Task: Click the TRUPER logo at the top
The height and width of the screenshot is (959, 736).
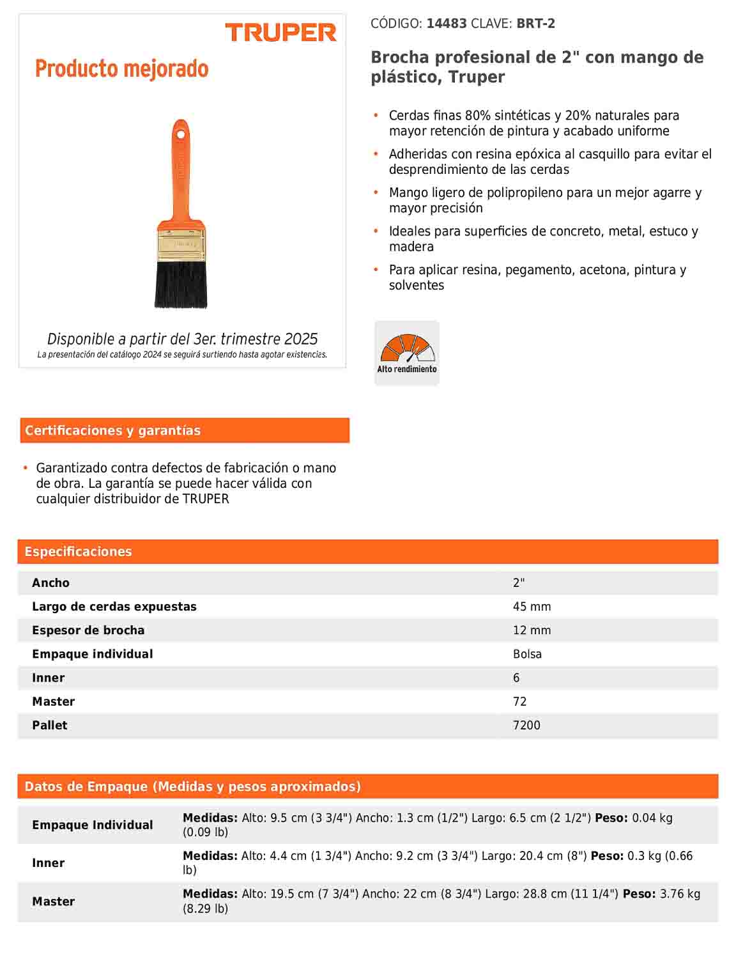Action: click(x=280, y=33)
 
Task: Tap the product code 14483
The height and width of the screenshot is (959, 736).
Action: click(x=447, y=24)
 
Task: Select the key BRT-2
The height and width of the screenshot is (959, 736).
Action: click(x=535, y=24)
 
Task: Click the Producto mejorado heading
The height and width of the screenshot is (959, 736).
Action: click(x=121, y=68)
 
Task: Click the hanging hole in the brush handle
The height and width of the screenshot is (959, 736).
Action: click(x=181, y=134)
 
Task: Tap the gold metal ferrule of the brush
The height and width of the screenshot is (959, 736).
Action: click(x=181, y=244)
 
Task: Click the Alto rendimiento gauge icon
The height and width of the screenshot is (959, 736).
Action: click(x=407, y=352)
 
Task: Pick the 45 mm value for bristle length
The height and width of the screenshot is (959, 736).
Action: click(x=532, y=607)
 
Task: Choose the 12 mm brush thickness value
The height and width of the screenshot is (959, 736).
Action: click(x=532, y=630)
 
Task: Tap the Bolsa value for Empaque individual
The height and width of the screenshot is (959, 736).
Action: click(x=527, y=654)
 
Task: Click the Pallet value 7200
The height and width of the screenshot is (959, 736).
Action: click(x=526, y=725)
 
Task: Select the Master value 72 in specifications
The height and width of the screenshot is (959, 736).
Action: click(x=519, y=701)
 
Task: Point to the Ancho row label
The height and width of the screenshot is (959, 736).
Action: click(x=51, y=583)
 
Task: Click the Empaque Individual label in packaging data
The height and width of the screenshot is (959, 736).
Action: click(x=93, y=825)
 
